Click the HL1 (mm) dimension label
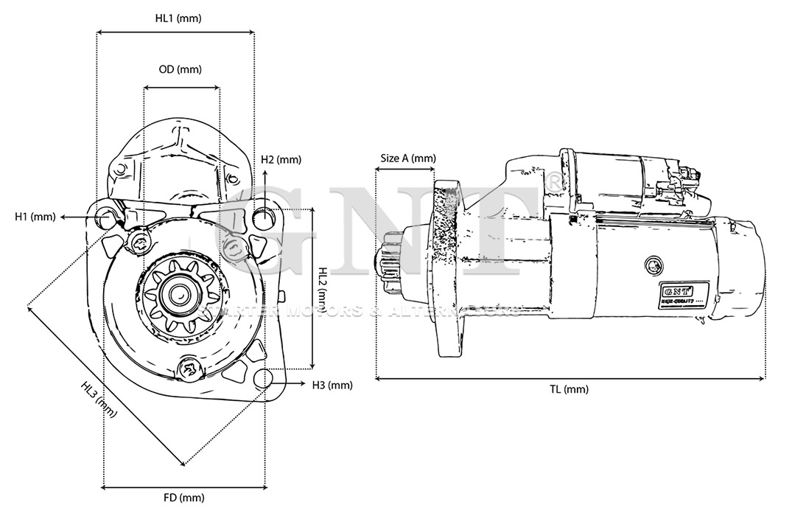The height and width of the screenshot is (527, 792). coord(178,18)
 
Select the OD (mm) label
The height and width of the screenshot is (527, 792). coord(180,69)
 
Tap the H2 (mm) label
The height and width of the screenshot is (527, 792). coord(281,160)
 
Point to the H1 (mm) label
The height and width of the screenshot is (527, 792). coord(35,217)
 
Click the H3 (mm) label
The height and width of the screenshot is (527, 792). coord(332,385)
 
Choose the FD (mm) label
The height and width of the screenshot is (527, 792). coord(183,498)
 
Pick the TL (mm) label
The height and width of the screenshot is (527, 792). coord(570,389)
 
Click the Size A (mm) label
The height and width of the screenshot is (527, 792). coord(407,158)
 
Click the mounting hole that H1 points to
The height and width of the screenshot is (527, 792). coord(107,219)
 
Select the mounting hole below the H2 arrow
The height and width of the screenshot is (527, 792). coord(264,218)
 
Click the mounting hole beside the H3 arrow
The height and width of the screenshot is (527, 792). coord(262,378)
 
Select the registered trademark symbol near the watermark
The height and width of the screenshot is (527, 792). coord(553,178)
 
